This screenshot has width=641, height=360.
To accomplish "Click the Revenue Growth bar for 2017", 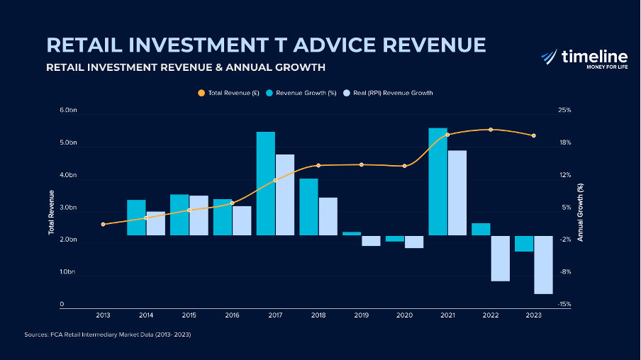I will pos(266,184).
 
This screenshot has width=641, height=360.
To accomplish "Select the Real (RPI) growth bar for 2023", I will pos(543,264).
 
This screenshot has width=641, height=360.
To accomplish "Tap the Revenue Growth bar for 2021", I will pos(438,181).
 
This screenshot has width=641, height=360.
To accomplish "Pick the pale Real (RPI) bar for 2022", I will pos(500,258).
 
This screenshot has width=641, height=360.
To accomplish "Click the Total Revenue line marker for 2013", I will pos(104,224).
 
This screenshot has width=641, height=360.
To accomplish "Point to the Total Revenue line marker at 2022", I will pos(491,130).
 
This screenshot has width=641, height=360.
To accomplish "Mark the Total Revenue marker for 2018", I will pos(318,165).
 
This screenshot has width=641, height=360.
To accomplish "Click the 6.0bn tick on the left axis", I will pos(67,111).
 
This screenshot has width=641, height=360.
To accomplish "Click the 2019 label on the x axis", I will pos(362,315).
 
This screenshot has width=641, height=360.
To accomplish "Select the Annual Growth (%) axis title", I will pos(580,213).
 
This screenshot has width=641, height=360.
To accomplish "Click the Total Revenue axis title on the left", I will pos(51,213).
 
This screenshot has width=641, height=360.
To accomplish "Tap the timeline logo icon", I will pos(549,57).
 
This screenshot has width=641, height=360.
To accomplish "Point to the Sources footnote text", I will pos(107,334).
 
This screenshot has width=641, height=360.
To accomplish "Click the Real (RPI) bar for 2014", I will pos(155,223).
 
